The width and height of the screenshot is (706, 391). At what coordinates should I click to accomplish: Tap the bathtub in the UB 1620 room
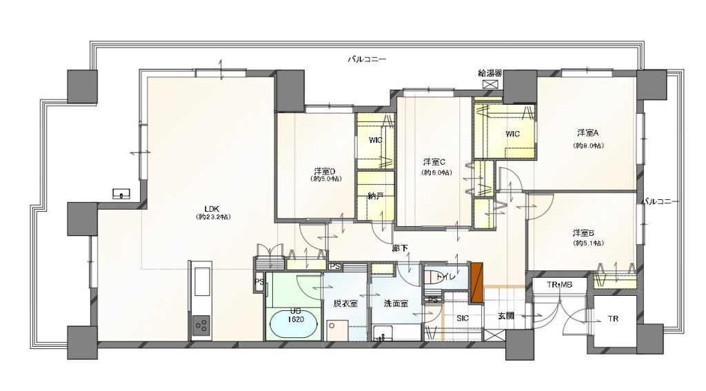coord(292,323)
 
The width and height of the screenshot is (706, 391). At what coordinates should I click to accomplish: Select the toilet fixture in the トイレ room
coord(435,277)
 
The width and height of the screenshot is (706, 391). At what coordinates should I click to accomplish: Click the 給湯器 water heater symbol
coord(491,83)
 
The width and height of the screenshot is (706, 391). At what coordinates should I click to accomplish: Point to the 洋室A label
coord(587,132)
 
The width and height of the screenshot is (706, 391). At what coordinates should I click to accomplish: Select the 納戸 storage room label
coord(375,197)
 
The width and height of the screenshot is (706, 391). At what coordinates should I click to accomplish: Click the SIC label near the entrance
coord(463,318)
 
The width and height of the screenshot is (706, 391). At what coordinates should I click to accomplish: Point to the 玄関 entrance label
coord(505,317)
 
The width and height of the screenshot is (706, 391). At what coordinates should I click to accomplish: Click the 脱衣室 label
coord(345,303)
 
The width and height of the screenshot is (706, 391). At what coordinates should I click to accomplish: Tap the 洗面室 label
coord(396,303)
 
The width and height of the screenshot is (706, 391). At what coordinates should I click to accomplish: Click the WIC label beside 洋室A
coord(512,133)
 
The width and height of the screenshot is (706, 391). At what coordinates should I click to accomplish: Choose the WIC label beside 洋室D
coord(375,140)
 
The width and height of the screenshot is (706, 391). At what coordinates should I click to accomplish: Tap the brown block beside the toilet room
coord(475,282)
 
